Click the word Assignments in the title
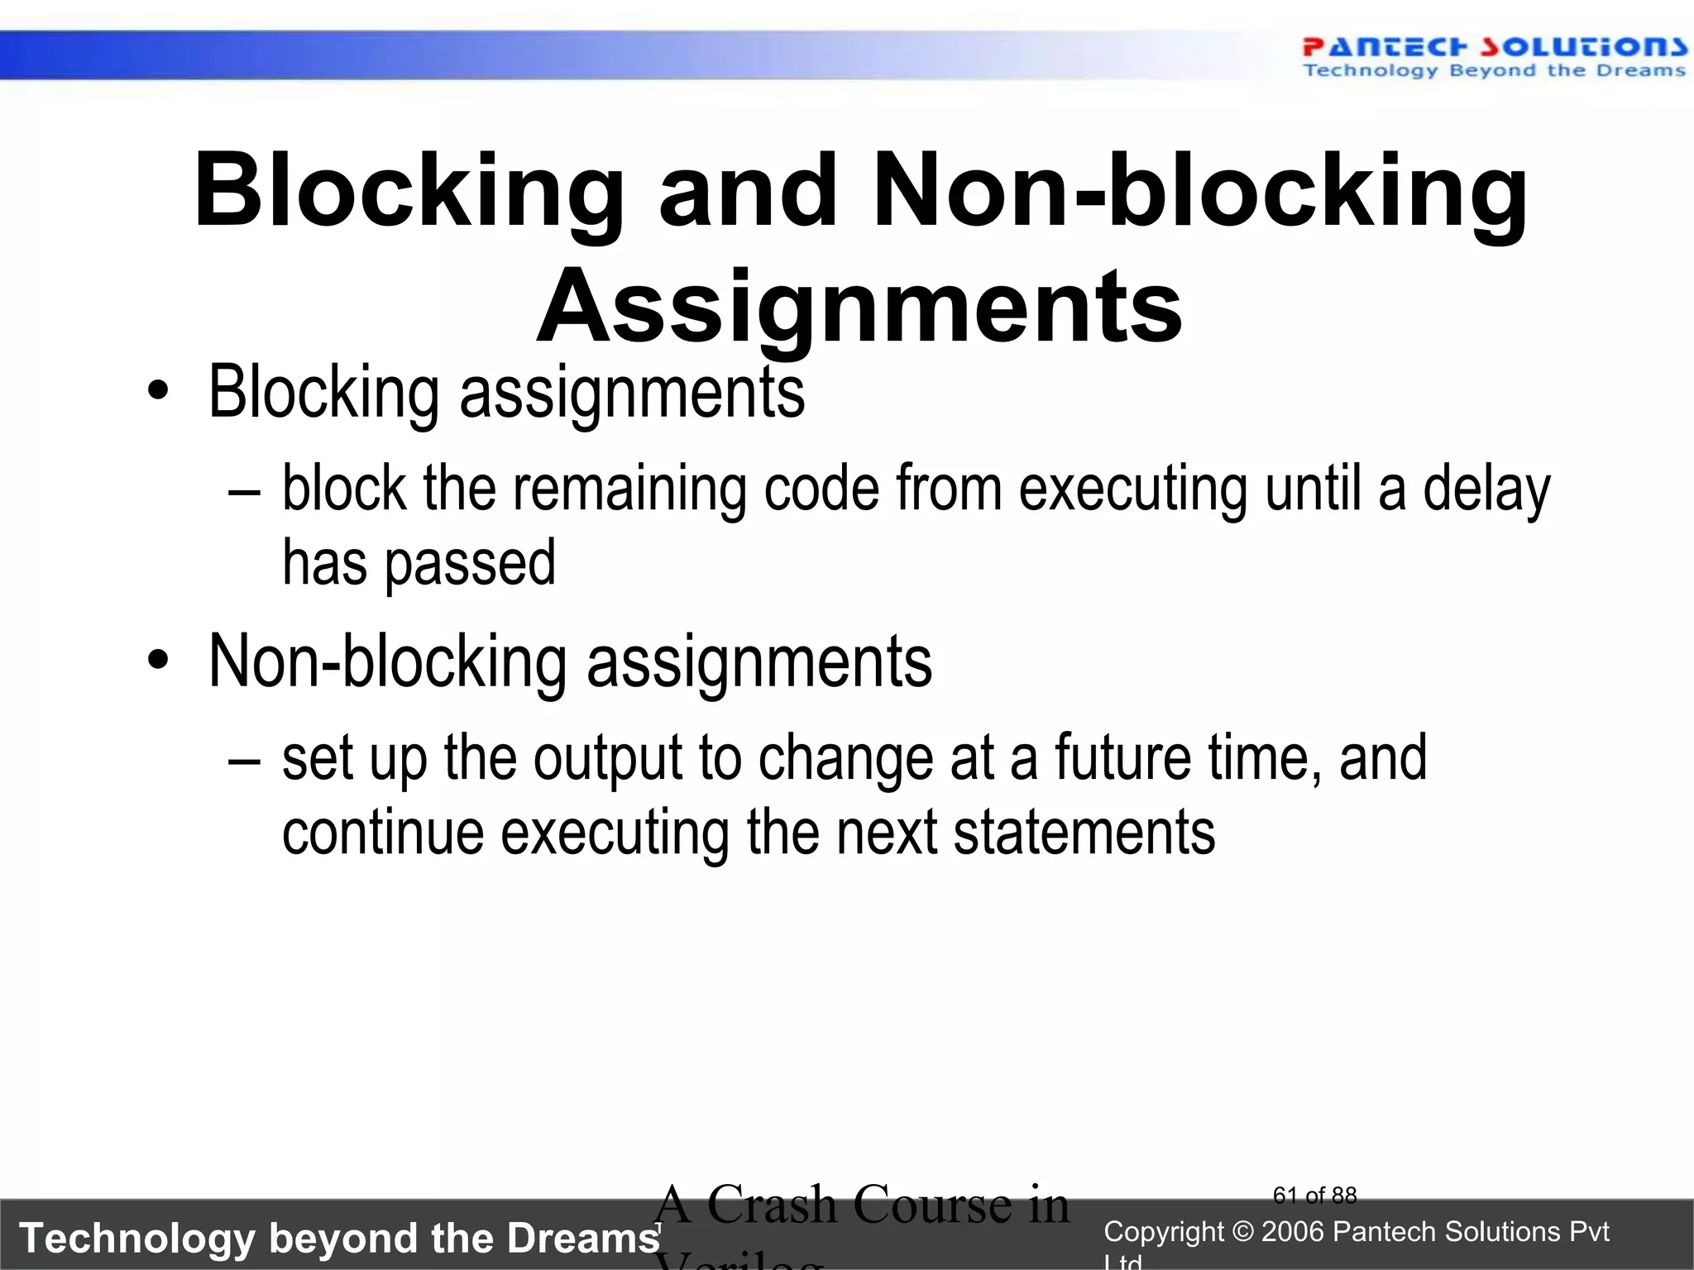click(859, 308)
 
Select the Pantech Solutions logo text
click(1494, 47)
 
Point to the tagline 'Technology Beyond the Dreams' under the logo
click(1494, 70)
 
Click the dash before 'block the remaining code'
click(245, 490)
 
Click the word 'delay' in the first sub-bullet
click(1486, 489)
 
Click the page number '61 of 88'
click(1315, 1196)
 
